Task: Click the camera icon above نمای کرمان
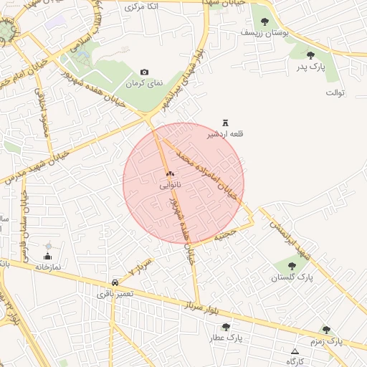tap(145, 72)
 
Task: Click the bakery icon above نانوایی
tap(170, 174)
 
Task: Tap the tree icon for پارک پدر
tap(310, 55)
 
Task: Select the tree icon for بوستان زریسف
tap(265, 22)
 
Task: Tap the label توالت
tap(336, 93)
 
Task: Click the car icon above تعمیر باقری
tap(115, 282)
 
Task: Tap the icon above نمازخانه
tap(48, 256)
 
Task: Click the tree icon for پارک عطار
tap(227, 327)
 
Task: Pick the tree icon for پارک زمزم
tap(326, 330)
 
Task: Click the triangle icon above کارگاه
tap(295, 351)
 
